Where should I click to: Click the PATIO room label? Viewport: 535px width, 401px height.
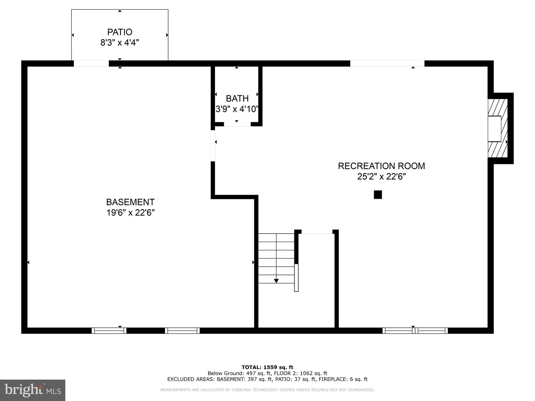(x=120, y=32)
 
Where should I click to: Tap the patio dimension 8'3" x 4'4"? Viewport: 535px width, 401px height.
(x=120, y=43)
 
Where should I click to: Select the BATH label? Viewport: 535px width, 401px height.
(x=237, y=98)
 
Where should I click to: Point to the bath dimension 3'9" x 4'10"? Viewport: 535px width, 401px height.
(x=237, y=109)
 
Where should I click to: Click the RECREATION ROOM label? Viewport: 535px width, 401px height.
(x=381, y=166)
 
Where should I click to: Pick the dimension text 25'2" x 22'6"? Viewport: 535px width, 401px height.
(x=381, y=177)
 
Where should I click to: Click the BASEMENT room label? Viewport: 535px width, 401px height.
(x=130, y=202)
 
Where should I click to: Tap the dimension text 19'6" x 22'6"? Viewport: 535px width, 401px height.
(x=130, y=213)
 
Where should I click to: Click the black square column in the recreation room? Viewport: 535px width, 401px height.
(x=378, y=194)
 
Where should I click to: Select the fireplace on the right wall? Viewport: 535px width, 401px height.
(x=497, y=128)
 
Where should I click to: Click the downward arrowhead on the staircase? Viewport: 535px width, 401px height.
(x=276, y=281)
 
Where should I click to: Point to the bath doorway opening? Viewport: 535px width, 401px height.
(x=237, y=125)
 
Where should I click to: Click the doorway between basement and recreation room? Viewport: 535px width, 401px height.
(x=213, y=146)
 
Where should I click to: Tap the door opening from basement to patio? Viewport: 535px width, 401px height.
(x=91, y=63)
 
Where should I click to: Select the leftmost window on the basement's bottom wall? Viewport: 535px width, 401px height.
(x=109, y=331)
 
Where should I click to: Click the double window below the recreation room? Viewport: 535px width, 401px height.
(x=415, y=331)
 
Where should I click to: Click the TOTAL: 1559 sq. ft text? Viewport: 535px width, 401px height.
(x=267, y=367)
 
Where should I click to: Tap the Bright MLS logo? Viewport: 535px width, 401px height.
(x=33, y=390)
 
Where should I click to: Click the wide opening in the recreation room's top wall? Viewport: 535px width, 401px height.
(x=387, y=63)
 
